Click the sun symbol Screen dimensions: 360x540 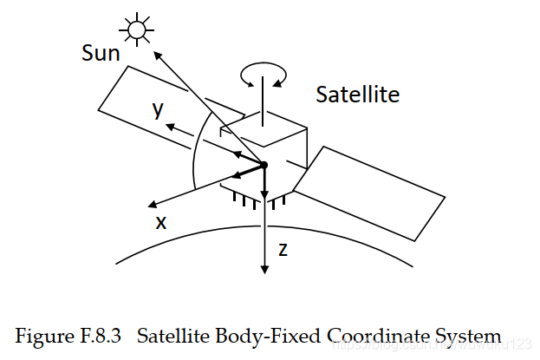coord(135,30)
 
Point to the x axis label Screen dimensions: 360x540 coord(160,222)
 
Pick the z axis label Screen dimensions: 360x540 coord(283,250)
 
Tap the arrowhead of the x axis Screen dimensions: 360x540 coord(152,205)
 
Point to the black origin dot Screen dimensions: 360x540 coord(264,164)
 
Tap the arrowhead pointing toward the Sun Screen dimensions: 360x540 coord(159,53)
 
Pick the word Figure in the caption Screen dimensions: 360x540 coord(45,336)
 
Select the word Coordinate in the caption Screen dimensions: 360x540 coord(348,336)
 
